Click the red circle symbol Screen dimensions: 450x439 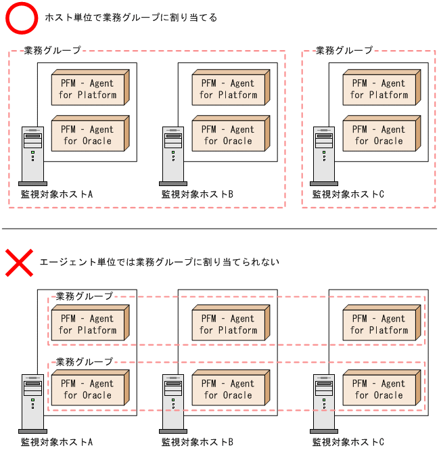point(23,18)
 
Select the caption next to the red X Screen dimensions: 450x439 point(159,261)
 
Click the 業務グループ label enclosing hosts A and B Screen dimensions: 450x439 point(52,50)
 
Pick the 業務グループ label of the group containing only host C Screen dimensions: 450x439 point(344,50)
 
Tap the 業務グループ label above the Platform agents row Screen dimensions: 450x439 point(85,296)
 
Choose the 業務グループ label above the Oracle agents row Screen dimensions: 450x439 point(85,361)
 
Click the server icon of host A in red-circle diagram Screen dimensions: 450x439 point(32,156)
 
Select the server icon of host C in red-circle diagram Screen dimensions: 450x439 point(323,156)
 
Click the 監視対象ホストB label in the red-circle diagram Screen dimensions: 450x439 point(198,194)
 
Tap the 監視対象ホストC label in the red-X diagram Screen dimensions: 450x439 point(348,443)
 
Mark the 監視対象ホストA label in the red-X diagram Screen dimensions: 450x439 point(57,443)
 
